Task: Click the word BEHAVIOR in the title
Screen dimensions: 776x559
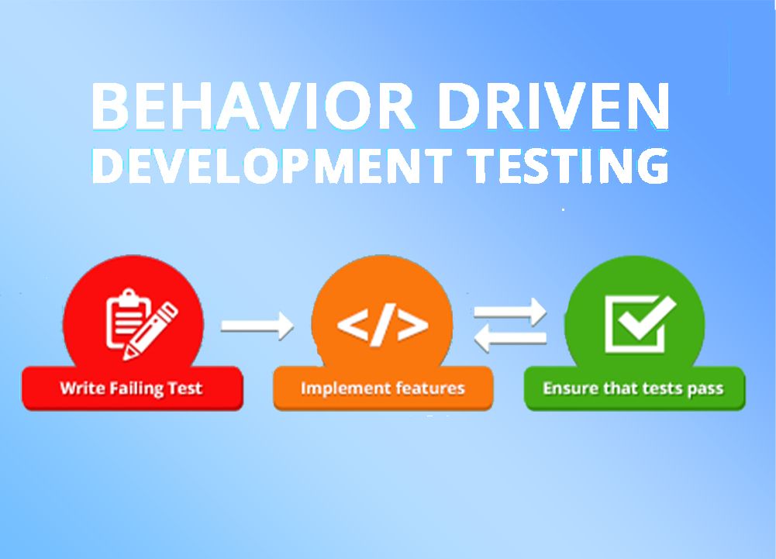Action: click(x=253, y=105)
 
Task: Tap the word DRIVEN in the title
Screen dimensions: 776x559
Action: click(x=554, y=105)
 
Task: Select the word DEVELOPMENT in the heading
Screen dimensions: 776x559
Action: click(x=271, y=165)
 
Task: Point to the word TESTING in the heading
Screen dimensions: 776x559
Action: click(x=569, y=165)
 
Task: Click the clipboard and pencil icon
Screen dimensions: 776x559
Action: click(x=142, y=323)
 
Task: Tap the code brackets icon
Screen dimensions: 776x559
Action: click(x=382, y=324)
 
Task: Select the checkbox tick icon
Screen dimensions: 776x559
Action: click(x=640, y=324)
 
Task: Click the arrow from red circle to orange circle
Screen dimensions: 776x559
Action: click(x=257, y=326)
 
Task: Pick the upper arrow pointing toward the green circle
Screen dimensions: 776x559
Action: click(x=510, y=312)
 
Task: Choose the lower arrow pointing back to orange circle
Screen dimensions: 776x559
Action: click(x=510, y=338)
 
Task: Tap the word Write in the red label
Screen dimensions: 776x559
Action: click(x=82, y=388)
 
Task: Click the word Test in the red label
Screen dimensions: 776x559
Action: click(x=184, y=388)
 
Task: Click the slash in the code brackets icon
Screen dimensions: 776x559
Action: click(x=382, y=324)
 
